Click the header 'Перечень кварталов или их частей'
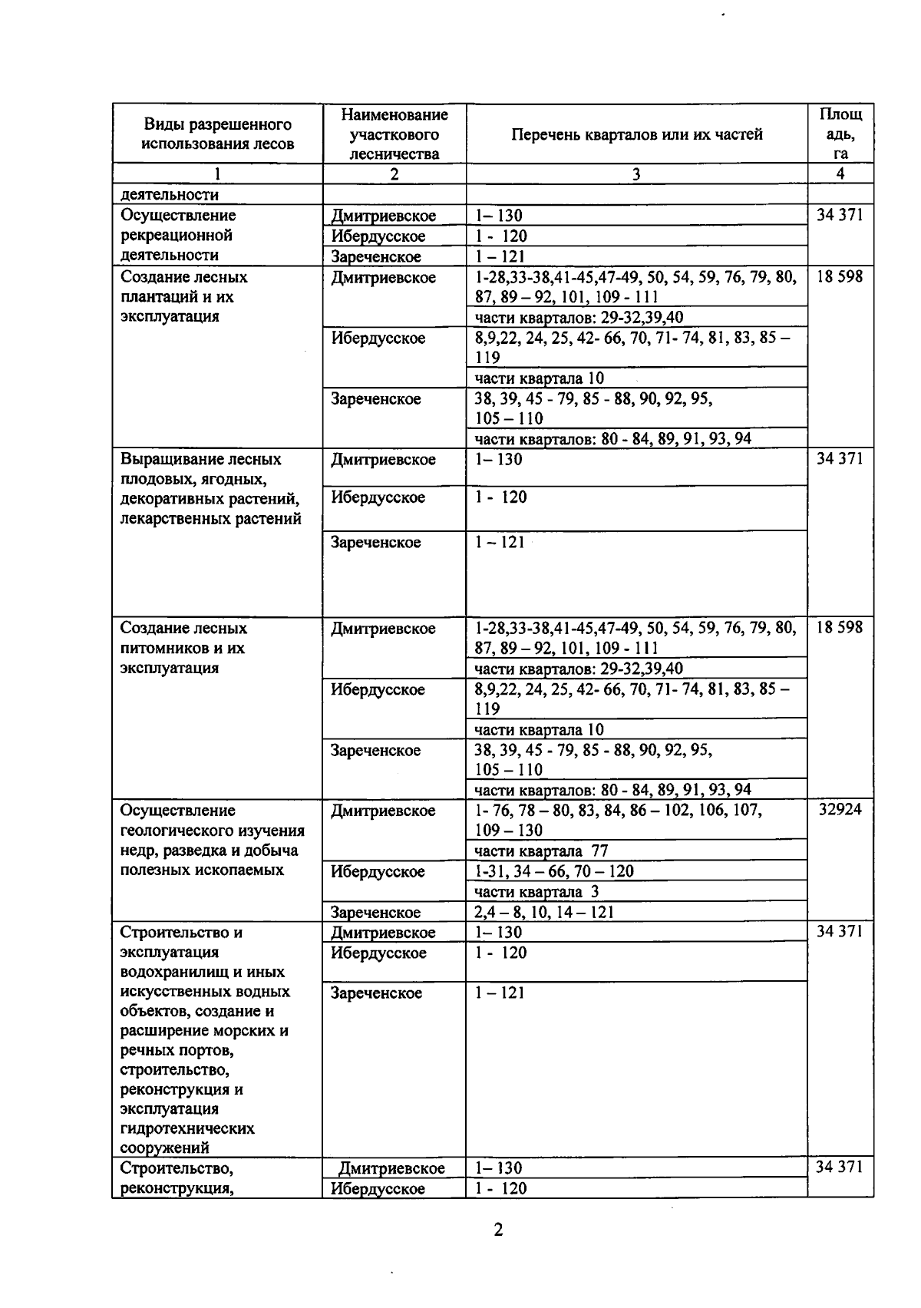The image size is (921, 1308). [x=636, y=134]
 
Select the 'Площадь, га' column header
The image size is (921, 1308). [x=840, y=134]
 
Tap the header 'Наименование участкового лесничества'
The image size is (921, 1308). [x=394, y=134]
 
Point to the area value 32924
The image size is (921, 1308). [x=840, y=811]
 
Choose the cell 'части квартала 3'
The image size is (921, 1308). [x=536, y=892]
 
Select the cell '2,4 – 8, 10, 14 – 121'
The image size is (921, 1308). [x=544, y=912]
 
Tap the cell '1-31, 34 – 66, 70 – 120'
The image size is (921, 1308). [x=554, y=871]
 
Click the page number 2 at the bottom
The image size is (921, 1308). [x=498, y=1230]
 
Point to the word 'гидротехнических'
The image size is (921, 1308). [x=187, y=1129]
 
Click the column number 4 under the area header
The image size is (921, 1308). [x=840, y=174]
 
